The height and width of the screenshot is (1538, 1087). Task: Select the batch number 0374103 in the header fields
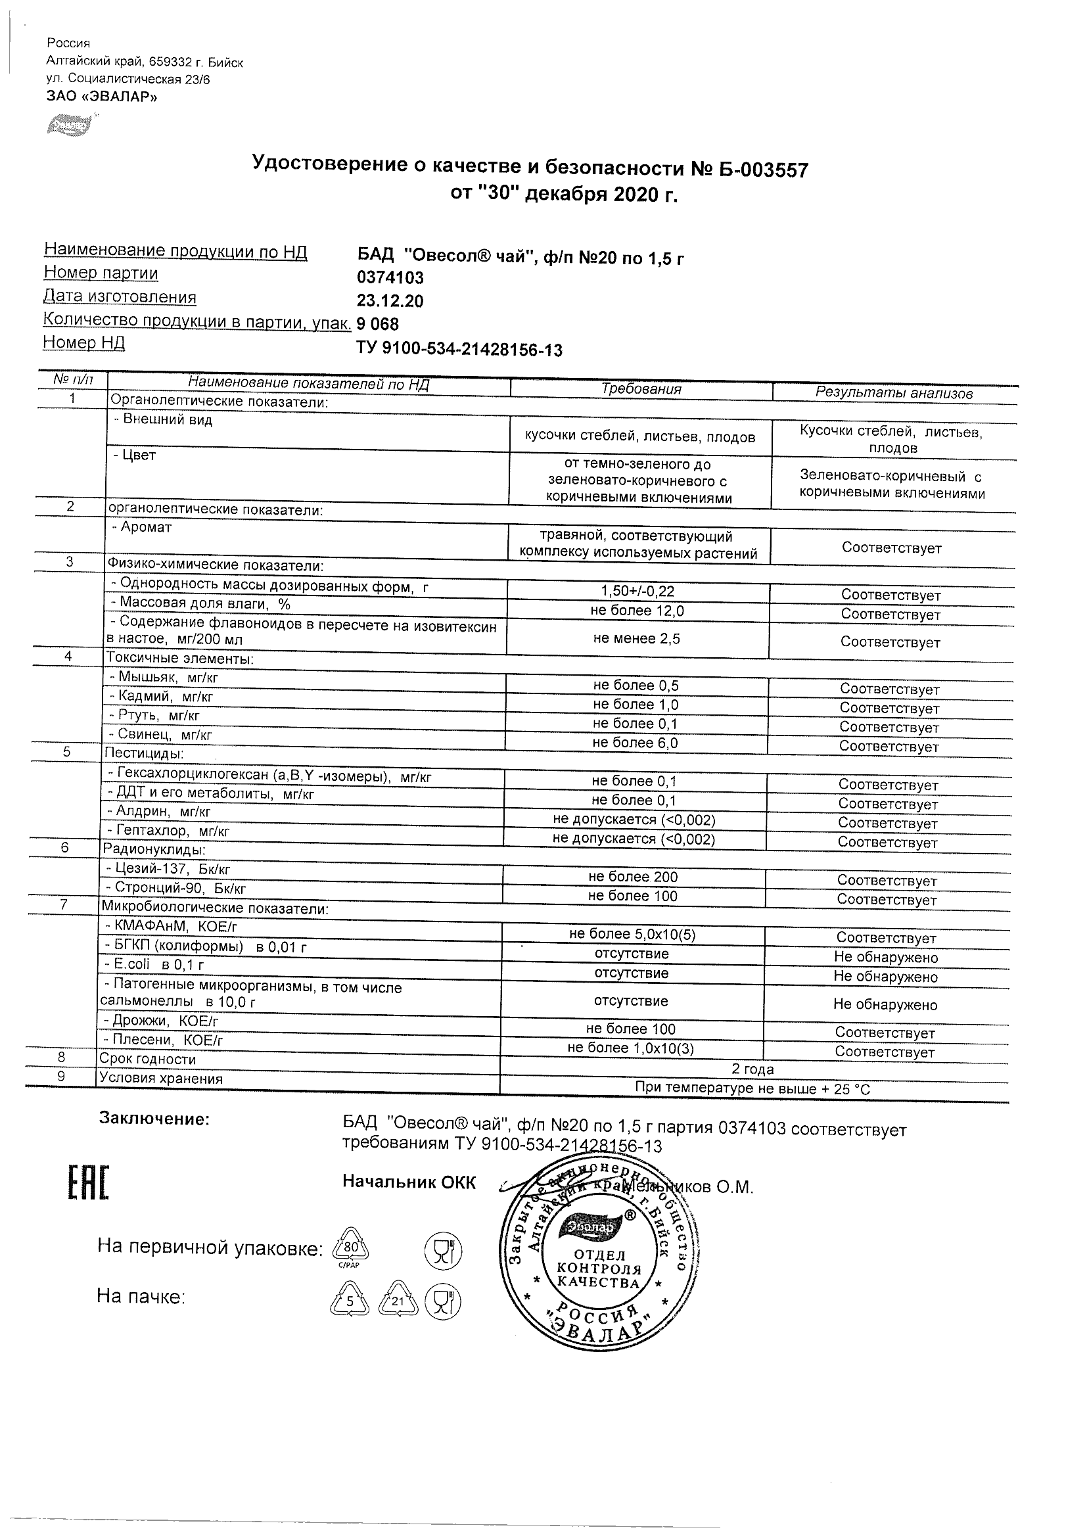click(390, 277)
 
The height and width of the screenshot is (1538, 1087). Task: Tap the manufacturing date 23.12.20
click(390, 301)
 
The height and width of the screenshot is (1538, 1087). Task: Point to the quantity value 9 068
click(378, 325)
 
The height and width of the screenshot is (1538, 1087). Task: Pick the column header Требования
click(641, 389)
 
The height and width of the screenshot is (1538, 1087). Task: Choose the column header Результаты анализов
click(893, 393)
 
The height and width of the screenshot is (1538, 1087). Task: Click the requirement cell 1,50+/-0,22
click(637, 592)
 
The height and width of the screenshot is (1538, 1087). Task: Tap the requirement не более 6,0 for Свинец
click(635, 743)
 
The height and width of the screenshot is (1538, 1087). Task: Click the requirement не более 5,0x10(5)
click(632, 935)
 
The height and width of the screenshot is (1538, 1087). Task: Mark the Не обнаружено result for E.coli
click(885, 977)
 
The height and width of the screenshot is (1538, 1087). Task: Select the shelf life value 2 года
click(752, 1070)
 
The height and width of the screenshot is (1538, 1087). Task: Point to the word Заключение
click(154, 1119)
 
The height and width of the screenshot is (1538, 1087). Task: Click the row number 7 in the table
click(64, 905)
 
